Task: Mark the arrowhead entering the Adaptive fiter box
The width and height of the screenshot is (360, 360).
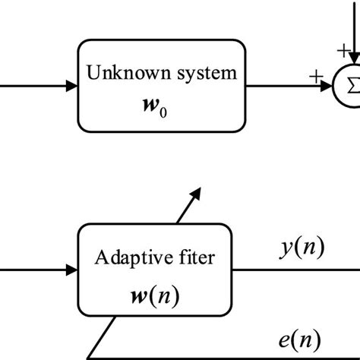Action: [71, 269]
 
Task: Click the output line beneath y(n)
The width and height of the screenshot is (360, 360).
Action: [296, 269]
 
